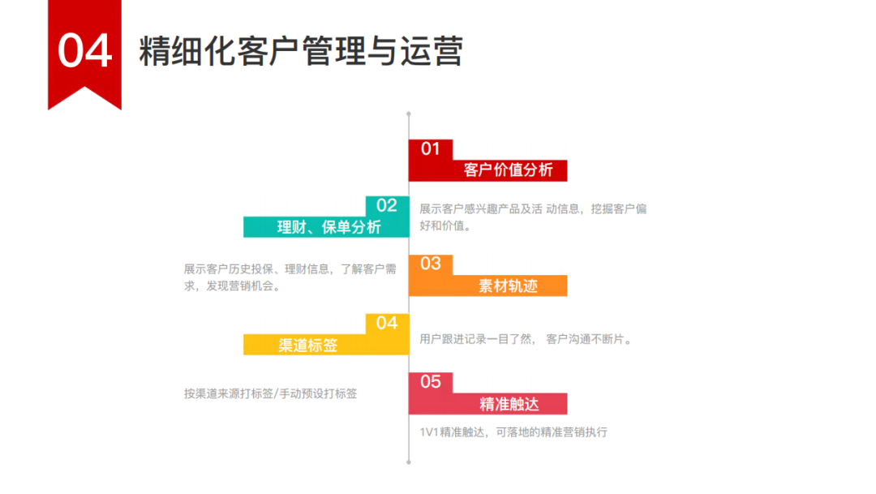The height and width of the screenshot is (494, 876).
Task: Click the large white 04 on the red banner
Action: (x=84, y=50)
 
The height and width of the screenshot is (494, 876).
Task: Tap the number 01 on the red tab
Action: (x=430, y=149)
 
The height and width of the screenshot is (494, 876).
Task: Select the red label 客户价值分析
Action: (x=508, y=170)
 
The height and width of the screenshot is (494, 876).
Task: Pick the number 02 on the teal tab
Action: (x=387, y=206)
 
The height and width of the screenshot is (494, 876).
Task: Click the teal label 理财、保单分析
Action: (x=328, y=227)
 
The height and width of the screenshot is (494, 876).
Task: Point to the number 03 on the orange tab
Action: (x=430, y=264)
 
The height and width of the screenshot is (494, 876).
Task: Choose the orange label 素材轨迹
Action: (x=508, y=286)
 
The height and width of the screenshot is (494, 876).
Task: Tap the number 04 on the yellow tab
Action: (x=387, y=323)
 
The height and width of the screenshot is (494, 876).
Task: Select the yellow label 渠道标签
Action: (x=308, y=345)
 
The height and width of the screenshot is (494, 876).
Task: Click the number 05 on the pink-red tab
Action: (x=430, y=382)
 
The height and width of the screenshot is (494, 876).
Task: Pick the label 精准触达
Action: (x=509, y=404)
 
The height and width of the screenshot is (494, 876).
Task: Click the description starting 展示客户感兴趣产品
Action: (x=532, y=217)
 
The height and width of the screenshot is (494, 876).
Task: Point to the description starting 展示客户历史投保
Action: (x=290, y=277)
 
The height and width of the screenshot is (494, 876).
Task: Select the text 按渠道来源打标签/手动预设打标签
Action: (x=270, y=393)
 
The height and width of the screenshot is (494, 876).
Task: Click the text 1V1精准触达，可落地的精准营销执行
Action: (x=513, y=432)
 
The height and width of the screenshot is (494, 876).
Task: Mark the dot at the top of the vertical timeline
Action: (x=408, y=114)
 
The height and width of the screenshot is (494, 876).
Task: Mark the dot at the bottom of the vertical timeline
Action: (x=408, y=462)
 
